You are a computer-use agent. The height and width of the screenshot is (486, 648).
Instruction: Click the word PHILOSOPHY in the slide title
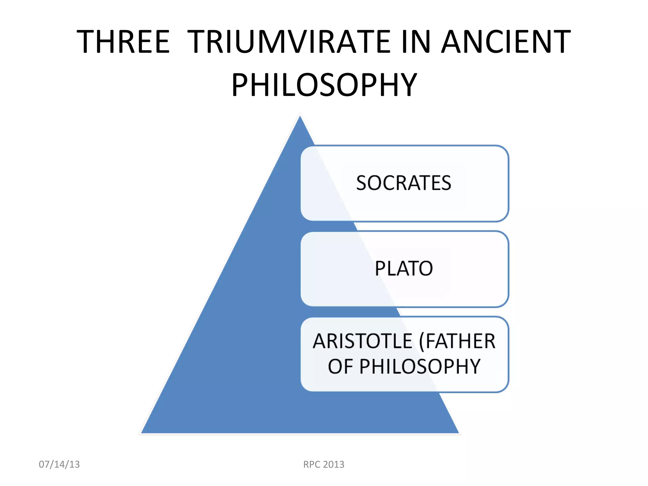point(324,85)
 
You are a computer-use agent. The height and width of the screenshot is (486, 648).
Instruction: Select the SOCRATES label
point(404,183)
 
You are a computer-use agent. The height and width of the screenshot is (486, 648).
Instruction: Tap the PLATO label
point(404,268)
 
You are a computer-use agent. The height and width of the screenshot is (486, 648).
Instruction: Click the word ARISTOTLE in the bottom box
point(363,341)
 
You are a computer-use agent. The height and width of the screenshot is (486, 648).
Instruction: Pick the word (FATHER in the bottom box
point(457,341)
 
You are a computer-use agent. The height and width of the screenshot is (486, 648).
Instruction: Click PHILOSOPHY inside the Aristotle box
point(420,366)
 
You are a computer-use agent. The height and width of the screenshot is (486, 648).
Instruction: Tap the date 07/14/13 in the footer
point(59,464)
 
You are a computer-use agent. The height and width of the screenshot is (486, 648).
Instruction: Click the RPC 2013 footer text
point(324,464)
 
